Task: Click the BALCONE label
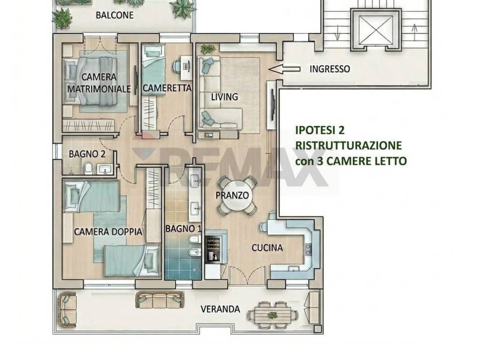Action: coord(115,15)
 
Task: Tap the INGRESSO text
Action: coord(330,69)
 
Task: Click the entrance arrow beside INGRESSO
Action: coord(285,69)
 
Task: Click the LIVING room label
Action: coord(224,97)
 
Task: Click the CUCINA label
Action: coord(267,247)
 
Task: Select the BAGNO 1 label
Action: coord(184,228)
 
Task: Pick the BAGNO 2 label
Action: coord(87,153)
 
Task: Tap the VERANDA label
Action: coord(220,309)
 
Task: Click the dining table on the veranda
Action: coord(274,312)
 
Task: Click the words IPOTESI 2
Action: coord(317,130)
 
